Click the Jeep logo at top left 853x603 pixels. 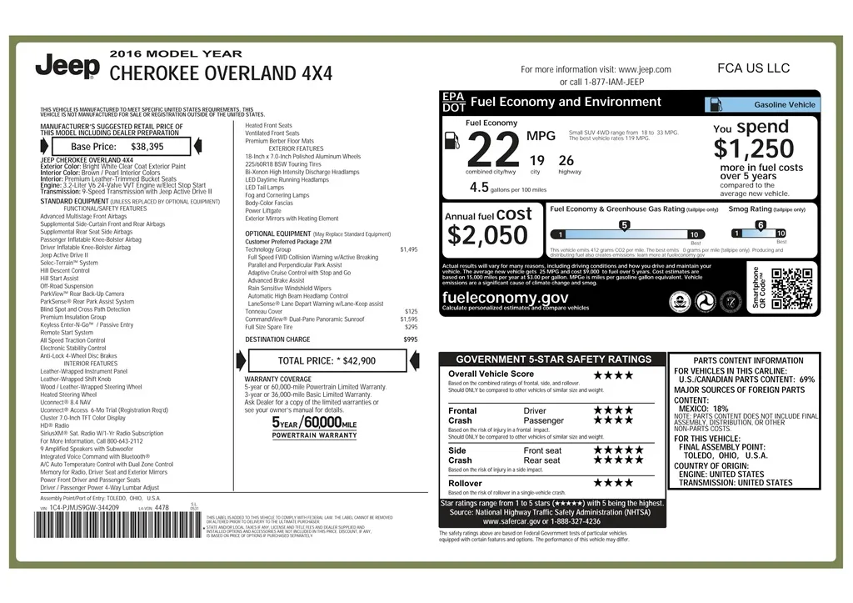67,66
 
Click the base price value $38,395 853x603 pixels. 147,146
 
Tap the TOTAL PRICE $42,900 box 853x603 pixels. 327,360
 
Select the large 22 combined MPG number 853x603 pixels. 494,151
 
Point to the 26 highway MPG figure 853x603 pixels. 566,160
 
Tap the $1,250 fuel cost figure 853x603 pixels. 754,149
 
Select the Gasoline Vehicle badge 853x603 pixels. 762,105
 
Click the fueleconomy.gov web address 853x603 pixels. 506,298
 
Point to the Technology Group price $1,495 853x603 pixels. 409,249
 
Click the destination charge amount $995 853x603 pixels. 411,339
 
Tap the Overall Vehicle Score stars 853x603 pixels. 613,374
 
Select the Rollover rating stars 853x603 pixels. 613,482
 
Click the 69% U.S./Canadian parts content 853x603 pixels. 806,379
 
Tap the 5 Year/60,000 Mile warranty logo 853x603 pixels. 314,426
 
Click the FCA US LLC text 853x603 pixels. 753,68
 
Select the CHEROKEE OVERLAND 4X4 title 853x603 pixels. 221,73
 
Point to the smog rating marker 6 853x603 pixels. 760,225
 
